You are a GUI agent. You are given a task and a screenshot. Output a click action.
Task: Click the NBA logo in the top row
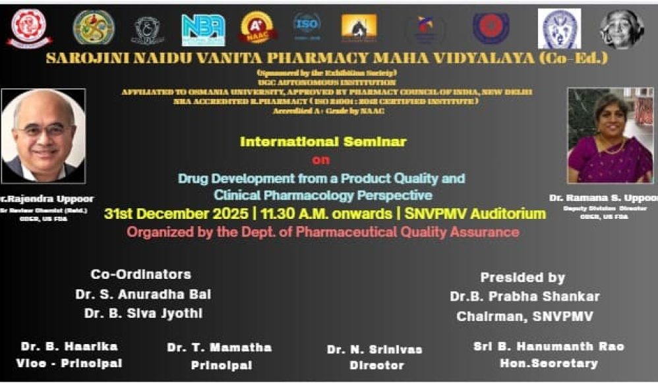pos(203,30)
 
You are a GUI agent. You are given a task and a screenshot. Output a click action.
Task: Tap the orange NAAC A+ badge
pos(258,28)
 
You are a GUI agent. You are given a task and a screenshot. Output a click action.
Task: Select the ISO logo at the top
pos(307,27)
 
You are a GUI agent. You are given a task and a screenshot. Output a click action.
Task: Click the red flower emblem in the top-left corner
pos(30,28)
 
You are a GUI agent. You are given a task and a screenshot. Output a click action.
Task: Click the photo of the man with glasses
pos(43,136)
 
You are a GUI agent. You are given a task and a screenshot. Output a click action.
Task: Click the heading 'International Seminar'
pos(323,142)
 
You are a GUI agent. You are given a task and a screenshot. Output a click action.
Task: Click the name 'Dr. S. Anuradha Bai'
pos(143,295)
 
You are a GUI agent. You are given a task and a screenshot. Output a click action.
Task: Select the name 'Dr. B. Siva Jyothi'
pos(143,314)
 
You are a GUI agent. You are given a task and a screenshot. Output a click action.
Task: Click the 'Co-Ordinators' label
pos(140,274)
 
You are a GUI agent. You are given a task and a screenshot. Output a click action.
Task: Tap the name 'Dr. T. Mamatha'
pos(219,347)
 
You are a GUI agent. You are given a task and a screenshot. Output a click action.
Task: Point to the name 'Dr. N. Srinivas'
pos(374,349)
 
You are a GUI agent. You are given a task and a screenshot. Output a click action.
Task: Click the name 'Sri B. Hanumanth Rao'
pos(549,346)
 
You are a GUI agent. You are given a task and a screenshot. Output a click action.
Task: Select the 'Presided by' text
pos(522,278)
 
